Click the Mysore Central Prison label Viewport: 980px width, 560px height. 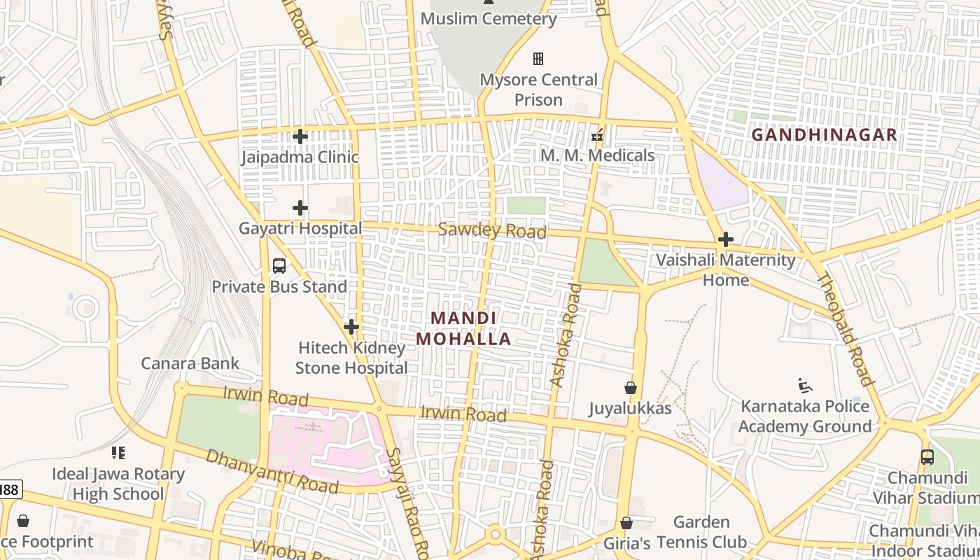(538, 90)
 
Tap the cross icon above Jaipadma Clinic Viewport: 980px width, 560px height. (300, 136)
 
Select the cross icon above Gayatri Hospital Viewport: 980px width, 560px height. (300, 208)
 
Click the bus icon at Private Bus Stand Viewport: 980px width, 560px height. (279, 266)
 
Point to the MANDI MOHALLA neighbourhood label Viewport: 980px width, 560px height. (463, 328)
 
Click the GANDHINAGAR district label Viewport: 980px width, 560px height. (824, 134)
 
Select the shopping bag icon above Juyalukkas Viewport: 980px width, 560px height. (631, 388)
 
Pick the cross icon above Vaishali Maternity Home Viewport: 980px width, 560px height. (726, 239)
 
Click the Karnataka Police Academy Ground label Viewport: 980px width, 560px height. (805, 416)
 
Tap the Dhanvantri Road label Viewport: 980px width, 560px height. (272, 471)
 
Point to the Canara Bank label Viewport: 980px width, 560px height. (190, 363)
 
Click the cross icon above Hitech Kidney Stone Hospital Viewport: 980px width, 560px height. (351, 327)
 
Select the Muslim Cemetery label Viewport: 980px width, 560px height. (489, 19)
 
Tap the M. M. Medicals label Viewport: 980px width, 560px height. (597, 155)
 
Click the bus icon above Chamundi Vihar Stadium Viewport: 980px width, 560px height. (927, 457)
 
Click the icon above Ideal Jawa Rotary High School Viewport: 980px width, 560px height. (118, 453)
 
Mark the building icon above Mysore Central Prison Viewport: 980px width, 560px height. (538, 59)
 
